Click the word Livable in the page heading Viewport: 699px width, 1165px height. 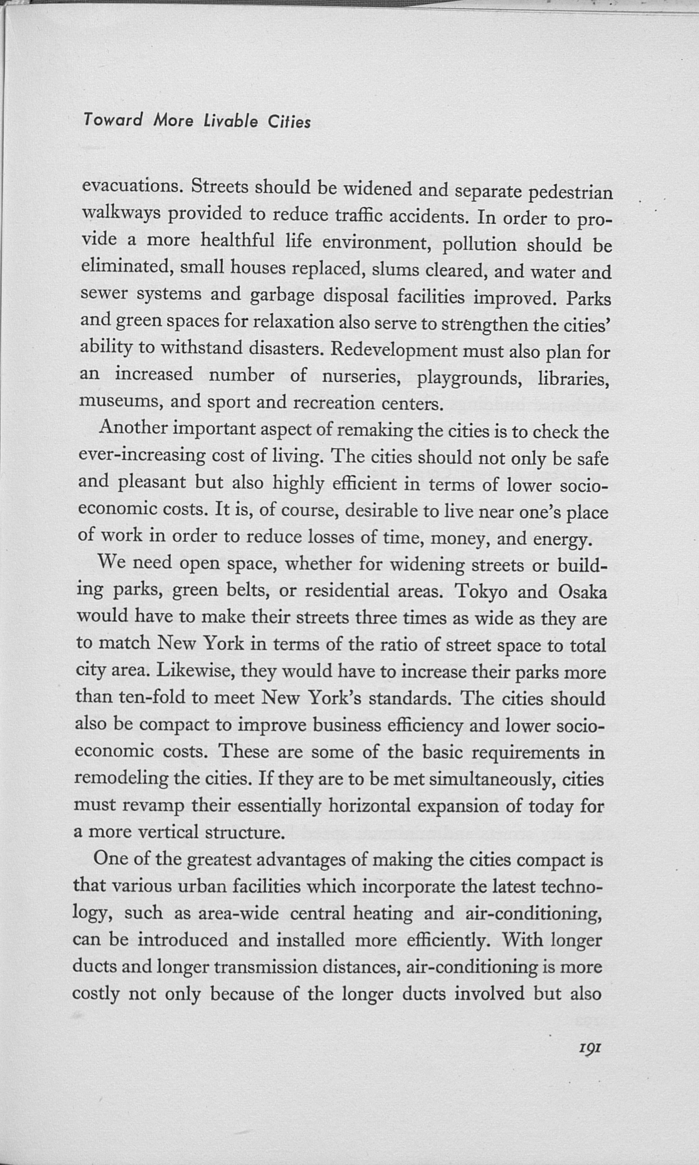coord(231,122)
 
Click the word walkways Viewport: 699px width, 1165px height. coord(122,213)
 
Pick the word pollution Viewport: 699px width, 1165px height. coord(480,245)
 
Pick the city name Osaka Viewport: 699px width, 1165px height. coord(582,592)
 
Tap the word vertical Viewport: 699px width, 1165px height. coord(168,832)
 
